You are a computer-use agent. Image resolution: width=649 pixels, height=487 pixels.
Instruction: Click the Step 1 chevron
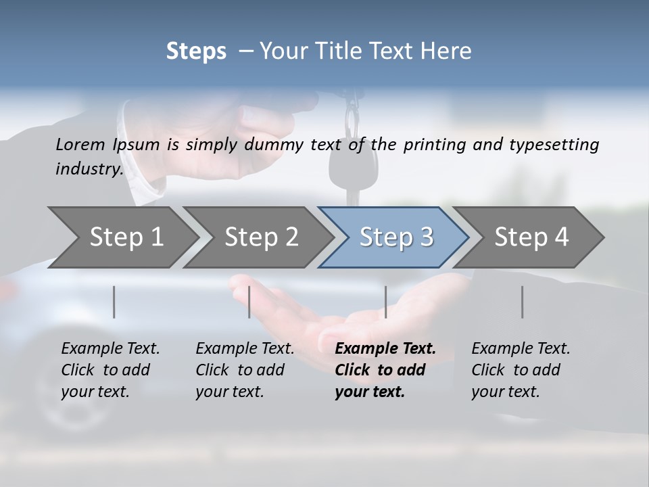(122, 237)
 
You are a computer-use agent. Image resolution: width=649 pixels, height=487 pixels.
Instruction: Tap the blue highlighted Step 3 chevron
(393, 237)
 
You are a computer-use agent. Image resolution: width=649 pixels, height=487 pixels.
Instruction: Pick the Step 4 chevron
(529, 237)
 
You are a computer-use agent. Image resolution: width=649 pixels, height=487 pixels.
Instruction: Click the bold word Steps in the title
(196, 51)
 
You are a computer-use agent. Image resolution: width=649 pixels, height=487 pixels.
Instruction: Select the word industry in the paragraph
(89, 169)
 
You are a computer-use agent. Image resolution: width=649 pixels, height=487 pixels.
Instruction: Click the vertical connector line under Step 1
(114, 302)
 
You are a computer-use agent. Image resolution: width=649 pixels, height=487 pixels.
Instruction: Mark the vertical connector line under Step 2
(249, 302)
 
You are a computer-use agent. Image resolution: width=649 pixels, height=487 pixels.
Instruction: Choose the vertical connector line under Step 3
(385, 302)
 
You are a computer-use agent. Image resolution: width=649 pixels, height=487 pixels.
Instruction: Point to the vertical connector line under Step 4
(522, 302)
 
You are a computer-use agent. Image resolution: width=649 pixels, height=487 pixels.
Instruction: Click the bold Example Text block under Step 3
(385, 370)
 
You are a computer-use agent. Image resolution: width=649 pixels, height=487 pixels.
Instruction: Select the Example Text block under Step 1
(110, 370)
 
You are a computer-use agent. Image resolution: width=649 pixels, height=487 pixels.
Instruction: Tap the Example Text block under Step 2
(245, 370)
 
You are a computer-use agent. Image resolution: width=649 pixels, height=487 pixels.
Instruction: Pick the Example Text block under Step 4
(521, 370)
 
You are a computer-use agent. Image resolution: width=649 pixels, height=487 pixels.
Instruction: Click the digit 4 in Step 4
(562, 237)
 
